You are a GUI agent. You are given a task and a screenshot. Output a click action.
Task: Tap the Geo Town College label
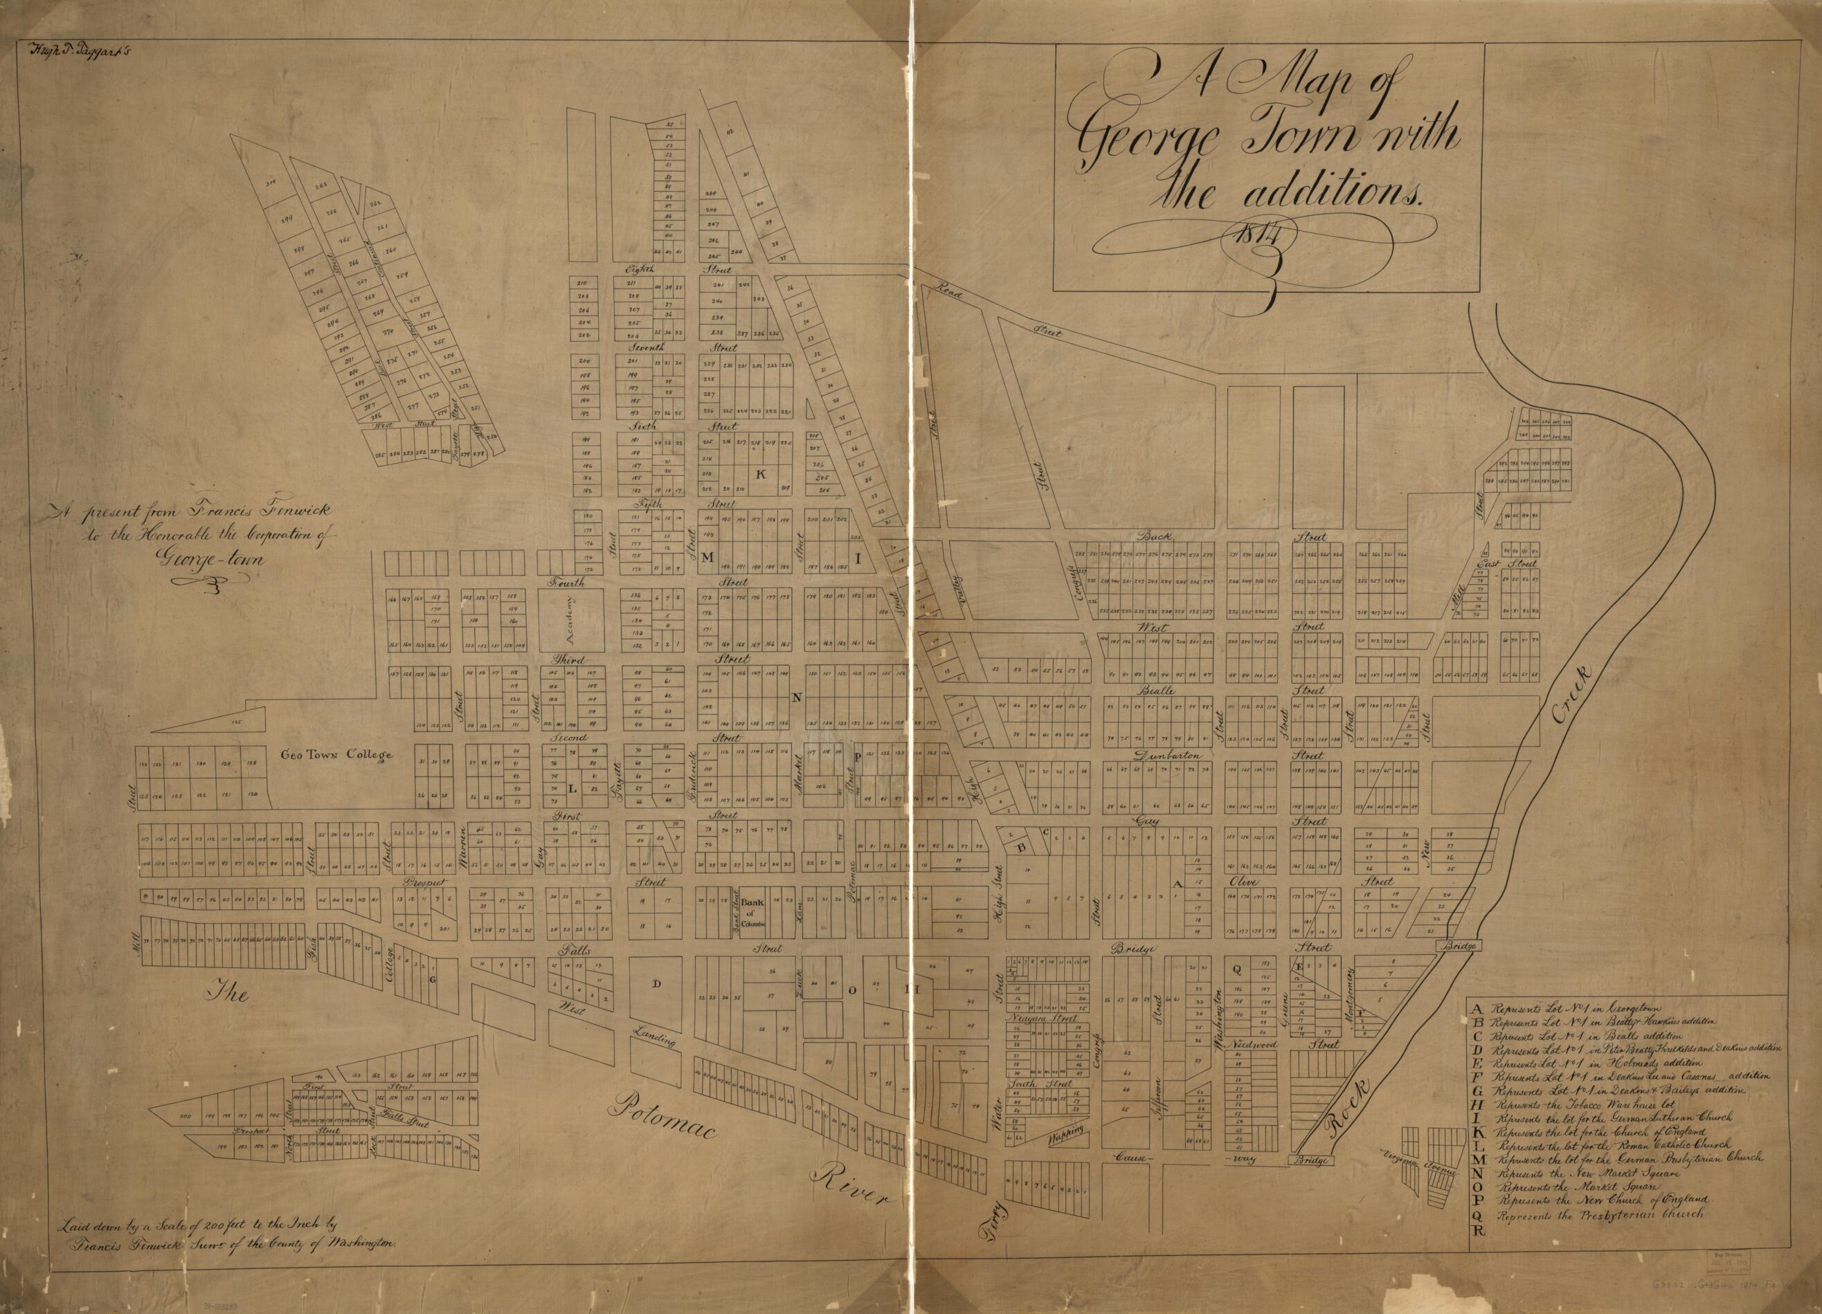tap(336, 755)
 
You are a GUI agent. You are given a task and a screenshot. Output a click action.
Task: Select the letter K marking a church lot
tap(761, 475)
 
